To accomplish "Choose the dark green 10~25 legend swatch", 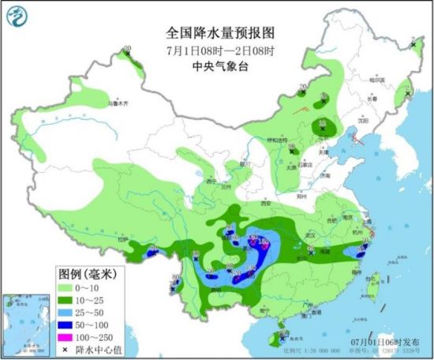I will click(73, 302).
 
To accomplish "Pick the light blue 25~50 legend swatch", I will click(73, 314).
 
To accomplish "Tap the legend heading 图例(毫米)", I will click(85, 275).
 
